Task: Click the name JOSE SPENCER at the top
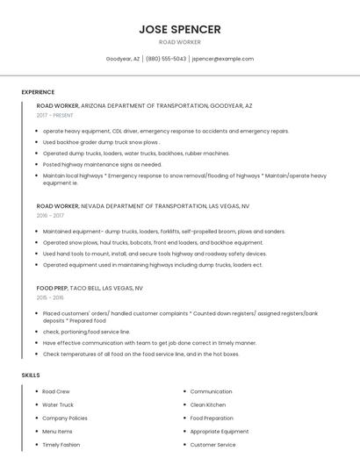[179, 29]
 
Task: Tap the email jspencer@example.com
[222, 59]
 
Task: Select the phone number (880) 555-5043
[166, 59]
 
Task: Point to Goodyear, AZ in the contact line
[123, 59]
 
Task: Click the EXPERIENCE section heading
[38, 92]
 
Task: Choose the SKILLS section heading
[31, 376]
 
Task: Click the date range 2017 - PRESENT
[55, 115]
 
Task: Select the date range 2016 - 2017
[50, 215]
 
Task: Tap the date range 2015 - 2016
[50, 297]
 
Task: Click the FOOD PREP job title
[51, 288]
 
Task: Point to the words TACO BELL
[84, 288]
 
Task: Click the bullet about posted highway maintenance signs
[102, 164]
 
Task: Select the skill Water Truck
[58, 404]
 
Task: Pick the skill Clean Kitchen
[208, 404]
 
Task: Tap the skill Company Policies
[65, 418]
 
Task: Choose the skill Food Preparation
[212, 418]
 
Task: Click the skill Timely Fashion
[61, 445]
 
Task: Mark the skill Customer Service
[212, 445]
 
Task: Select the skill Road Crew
[56, 391]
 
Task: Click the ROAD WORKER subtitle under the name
[179, 42]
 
